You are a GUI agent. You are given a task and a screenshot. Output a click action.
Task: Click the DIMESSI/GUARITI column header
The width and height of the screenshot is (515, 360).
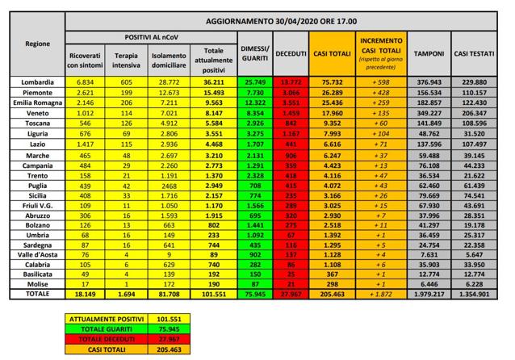point(255,53)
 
